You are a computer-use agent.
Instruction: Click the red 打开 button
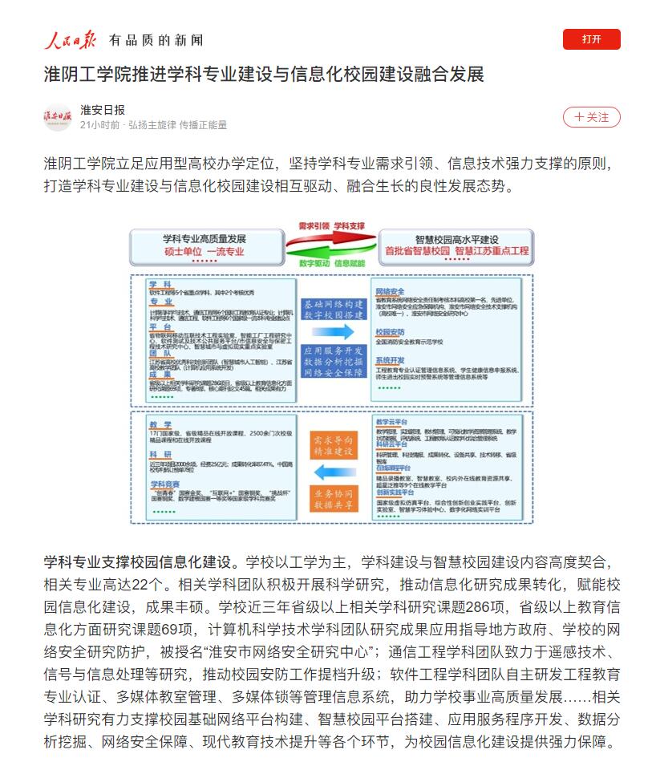[x=591, y=39]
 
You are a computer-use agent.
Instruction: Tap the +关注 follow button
[x=591, y=117]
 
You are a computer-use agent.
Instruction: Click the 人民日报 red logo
[x=70, y=39]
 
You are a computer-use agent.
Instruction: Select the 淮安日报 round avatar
[x=58, y=117]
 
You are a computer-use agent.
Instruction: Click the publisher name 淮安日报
[x=103, y=110]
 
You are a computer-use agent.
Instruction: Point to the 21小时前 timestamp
[x=99, y=125]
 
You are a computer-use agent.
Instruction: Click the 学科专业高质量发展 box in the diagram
[x=204, y=245]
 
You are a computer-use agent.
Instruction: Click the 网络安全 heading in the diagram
[x=390, y=291]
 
